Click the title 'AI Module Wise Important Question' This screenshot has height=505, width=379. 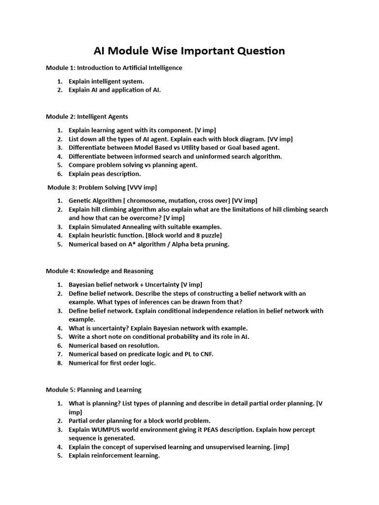(189, 51)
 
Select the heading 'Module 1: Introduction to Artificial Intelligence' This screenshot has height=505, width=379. (114, 68)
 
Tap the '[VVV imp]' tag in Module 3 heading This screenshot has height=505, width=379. (142, 187)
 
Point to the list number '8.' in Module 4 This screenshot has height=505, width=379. (59, 363)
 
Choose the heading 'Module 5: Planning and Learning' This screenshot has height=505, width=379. (94, 390)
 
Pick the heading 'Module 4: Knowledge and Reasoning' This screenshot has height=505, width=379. (100, 271)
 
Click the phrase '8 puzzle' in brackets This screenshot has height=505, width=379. (207, 236)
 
